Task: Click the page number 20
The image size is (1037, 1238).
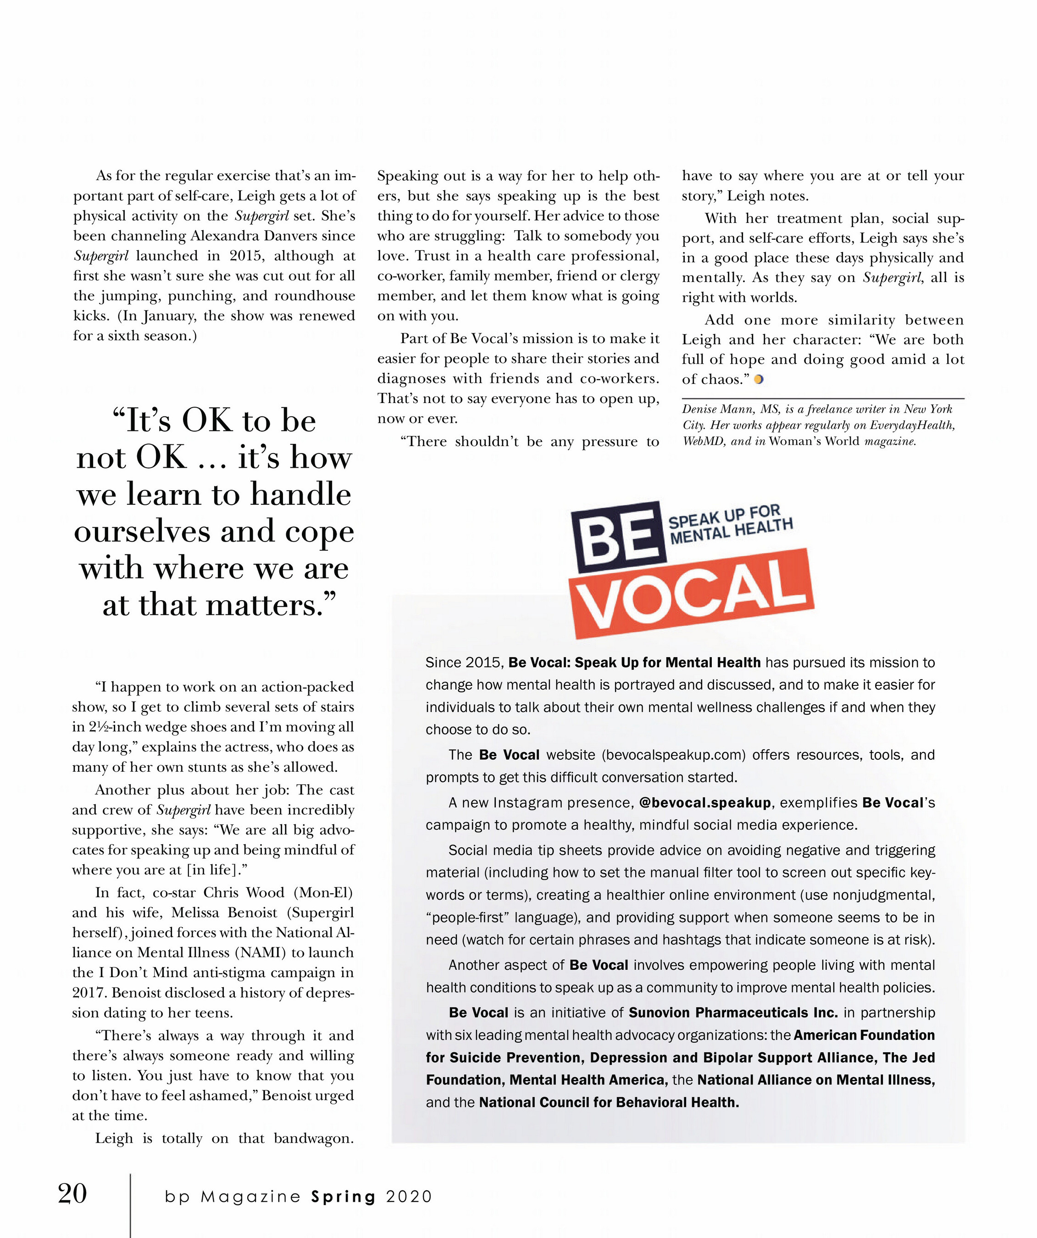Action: pyautogui.click(x=72, y=1194)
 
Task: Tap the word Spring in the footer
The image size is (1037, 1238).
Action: pyautogui.click(x=343, y=1197)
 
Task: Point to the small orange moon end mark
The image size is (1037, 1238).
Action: pyautogui.click(x=759, y=380)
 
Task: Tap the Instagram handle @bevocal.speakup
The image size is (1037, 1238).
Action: pyautogui.click(x=704, y=803)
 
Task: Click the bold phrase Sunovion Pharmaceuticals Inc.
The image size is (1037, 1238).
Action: pyautogui.click(x=733, y=1013)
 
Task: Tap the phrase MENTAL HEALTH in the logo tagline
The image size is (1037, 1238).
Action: pyautogui.click(x=731, y=531)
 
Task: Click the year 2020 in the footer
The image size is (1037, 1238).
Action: pyautogui.click(x=409, y=1197)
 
